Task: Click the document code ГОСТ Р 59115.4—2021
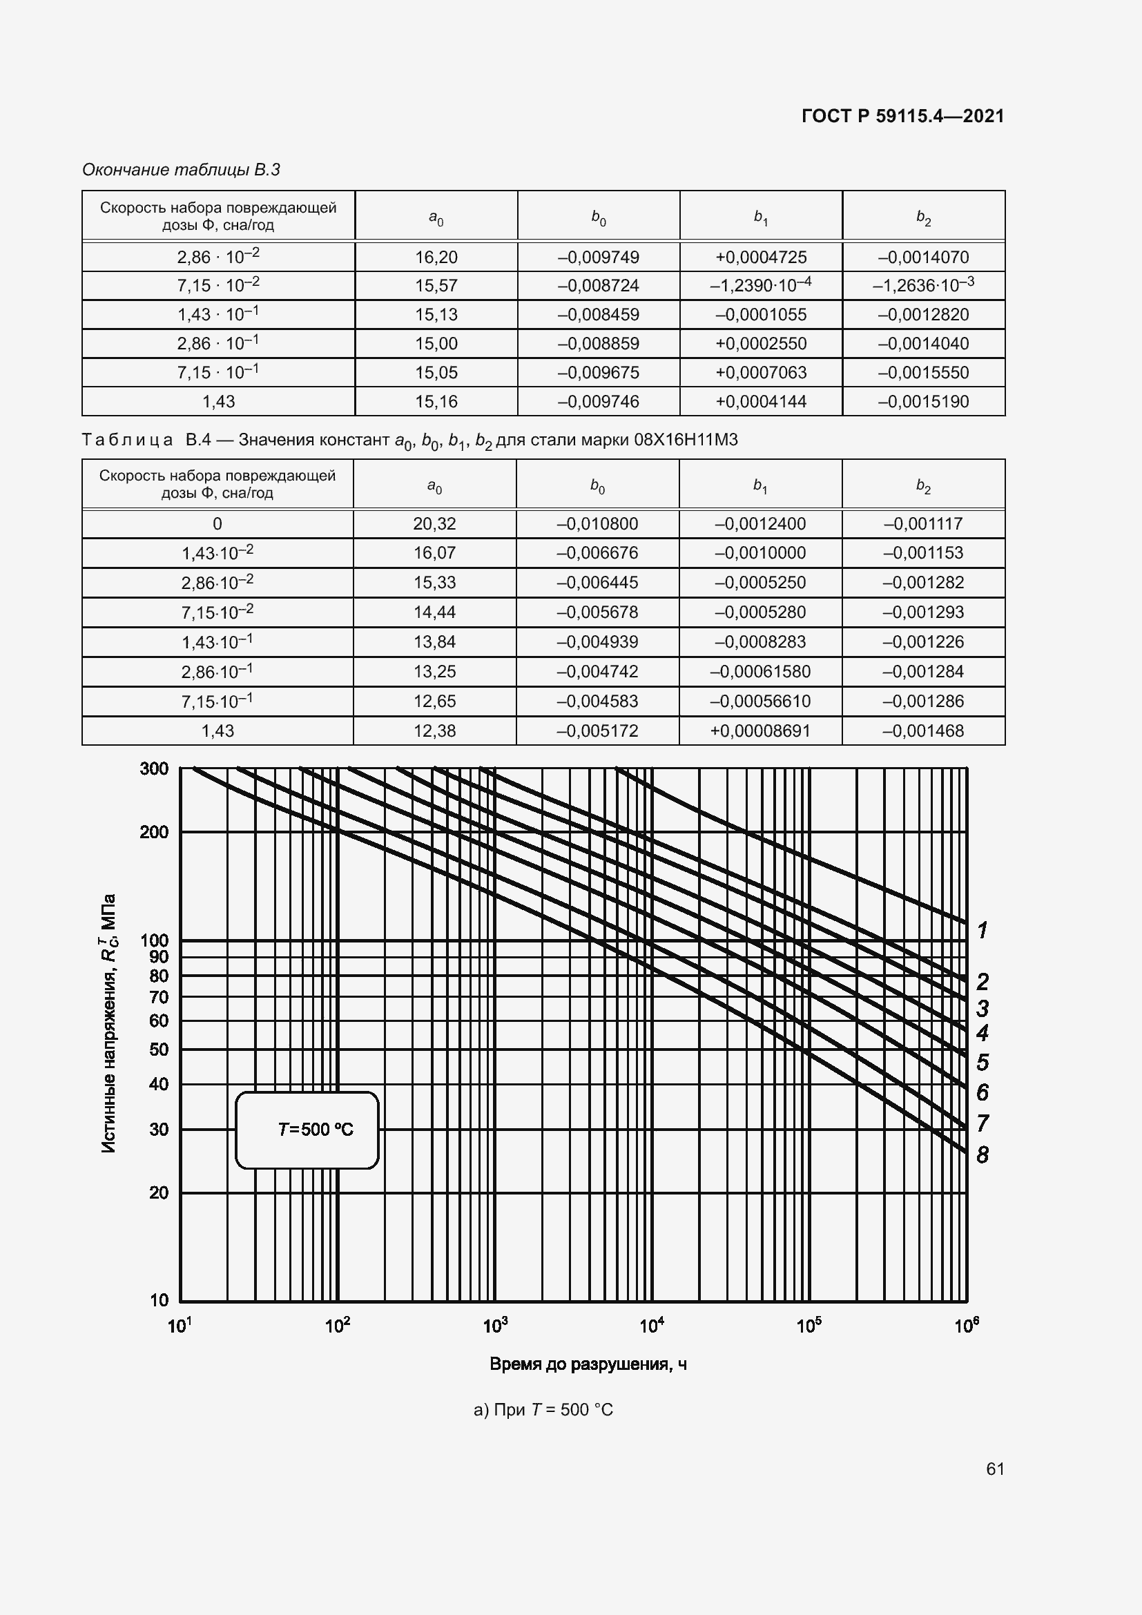(902, 116)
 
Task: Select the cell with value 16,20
(436, 258)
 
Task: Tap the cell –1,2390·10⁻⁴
(760, 285)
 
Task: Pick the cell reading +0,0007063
(760, 373)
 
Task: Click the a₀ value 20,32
(434, 524)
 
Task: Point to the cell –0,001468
(922, 731)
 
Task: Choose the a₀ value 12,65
(434, 702)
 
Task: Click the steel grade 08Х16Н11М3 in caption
(686, 441)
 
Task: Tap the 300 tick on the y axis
(155, 768)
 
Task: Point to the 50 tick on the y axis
(159, 1050)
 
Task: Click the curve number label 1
(983, 930)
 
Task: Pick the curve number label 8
(983, 1154)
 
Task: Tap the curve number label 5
(983, 1062)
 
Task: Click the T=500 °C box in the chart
(307, 1130)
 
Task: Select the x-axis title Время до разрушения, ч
(588, 1364)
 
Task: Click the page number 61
(994, 1469)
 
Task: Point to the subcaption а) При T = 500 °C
(543, 1410)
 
